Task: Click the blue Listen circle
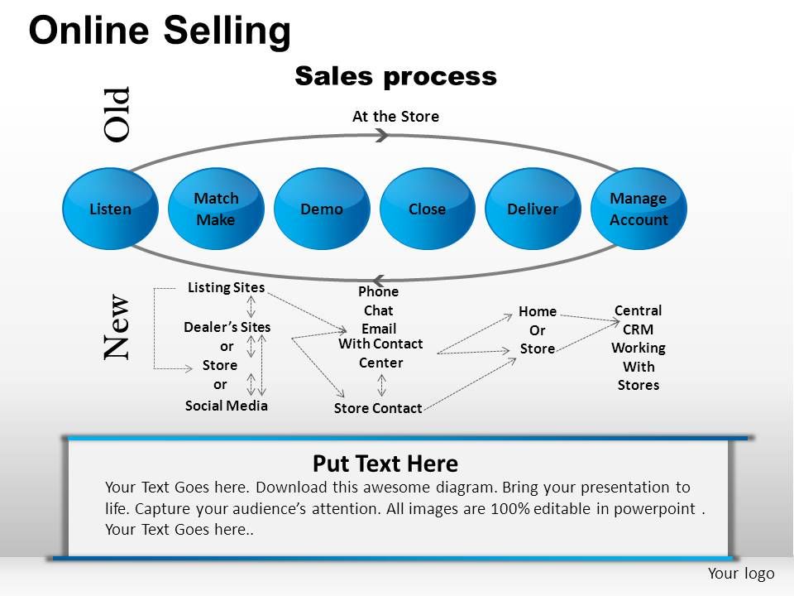coord(110,209)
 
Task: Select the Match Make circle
coord(216,209)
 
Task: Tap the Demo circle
coord(322,209)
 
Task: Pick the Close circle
coord(427,209)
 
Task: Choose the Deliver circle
coord(533,209)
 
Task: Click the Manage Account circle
coord(639,209)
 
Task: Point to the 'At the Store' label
coord(395,117)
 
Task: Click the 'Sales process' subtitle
coord(395,76)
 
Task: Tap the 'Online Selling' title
coord(160,31)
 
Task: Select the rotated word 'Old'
coord(117,113)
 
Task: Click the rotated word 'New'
coord(117,327)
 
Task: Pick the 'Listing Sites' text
coord(226,287)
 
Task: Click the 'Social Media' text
coord(226,405)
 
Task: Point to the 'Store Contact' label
coord(378,407)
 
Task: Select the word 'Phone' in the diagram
coord(378,291)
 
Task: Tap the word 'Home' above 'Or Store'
coord(538,311)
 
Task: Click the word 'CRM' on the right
coord(639,329)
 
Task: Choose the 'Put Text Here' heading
coord(385,463)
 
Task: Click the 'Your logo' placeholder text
coord(741,574)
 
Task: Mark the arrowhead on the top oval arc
coord(382,136)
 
